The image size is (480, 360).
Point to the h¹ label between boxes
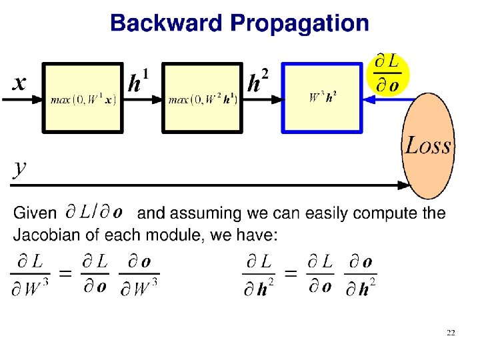point(138,82)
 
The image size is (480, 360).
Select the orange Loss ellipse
point(428,146)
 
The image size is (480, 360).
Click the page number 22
point(451,332)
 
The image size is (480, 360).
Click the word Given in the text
point(35,213)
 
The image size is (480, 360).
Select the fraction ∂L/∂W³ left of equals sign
point(29,275)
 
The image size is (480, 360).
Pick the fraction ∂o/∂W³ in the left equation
point(139,275)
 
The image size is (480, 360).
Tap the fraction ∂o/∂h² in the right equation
point(360,275)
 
